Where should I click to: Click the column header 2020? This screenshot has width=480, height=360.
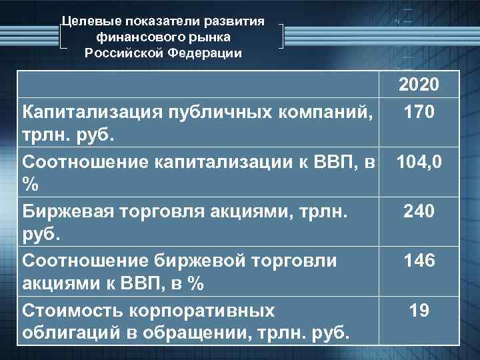419,85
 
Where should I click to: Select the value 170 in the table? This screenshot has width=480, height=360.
419,111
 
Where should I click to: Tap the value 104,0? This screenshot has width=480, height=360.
419,162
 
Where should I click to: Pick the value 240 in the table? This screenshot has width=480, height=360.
419,211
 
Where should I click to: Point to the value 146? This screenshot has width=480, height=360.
419,261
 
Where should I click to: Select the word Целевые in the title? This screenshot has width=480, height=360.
86,21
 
